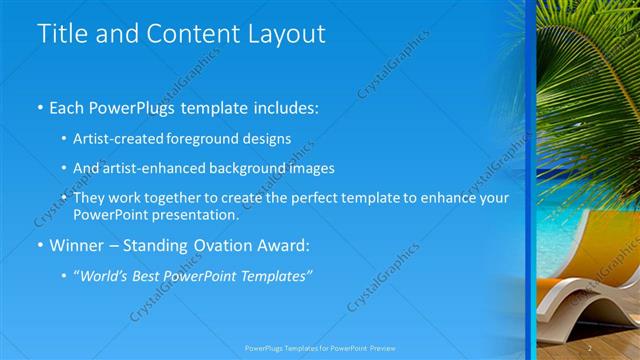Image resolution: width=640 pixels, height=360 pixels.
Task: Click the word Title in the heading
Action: [x=63, y=33]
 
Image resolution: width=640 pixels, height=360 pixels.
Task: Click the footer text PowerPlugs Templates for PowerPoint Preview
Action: [x=319, y=348]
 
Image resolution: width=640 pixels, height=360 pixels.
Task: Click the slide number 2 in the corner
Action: [x=591, y=347]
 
